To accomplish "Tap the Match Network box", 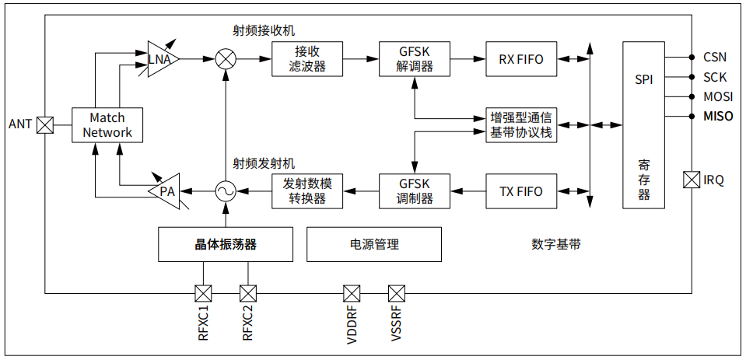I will tap(107, 124).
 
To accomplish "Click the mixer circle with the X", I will tap(226, 58).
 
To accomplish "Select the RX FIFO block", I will tap(521, 59).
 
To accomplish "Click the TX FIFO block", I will tap(521, 191).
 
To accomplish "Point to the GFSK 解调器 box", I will tap(415, 59).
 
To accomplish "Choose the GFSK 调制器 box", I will tap(415, 191).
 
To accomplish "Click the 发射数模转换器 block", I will tap(307, 191).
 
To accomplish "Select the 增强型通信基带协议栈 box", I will tap(520, 125).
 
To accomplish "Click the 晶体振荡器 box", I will tap(226, 244).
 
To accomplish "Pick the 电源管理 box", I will tap(374, 244).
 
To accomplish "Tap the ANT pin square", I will tap(46, 124).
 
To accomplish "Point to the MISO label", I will tap(718, 117).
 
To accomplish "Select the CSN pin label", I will tap(715, 57).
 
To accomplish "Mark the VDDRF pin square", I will tap(352, 293).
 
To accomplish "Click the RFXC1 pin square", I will tap(203, 293).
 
